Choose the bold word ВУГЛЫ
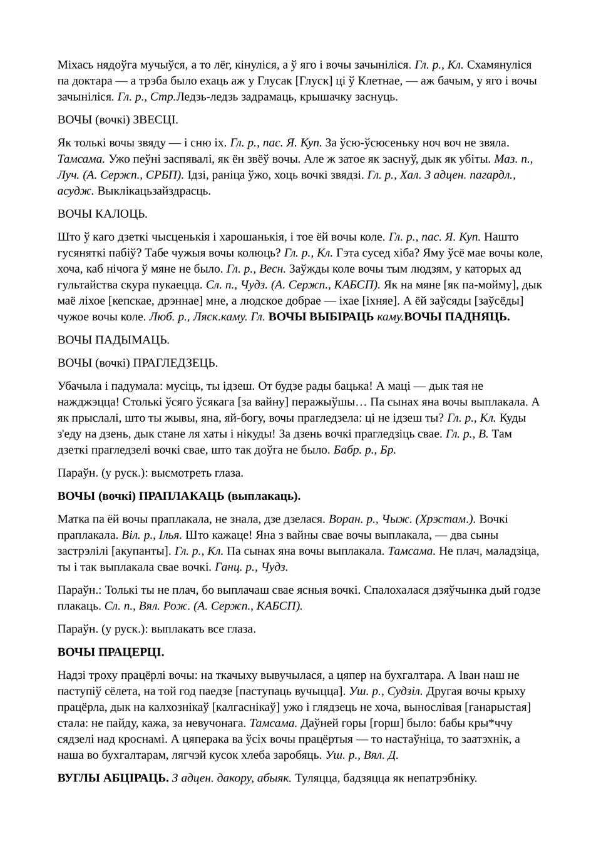[x=75, y=778]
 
